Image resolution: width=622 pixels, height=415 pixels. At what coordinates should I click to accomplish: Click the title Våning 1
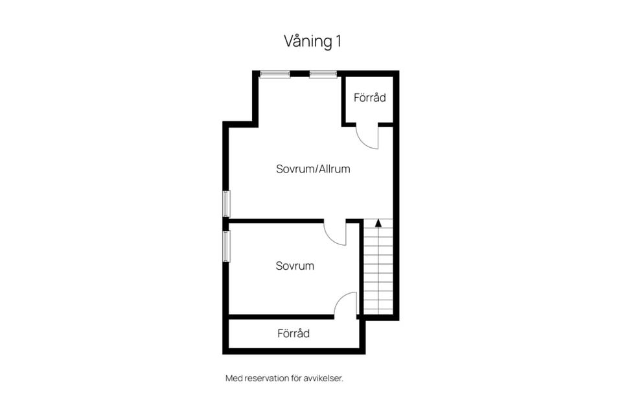312,41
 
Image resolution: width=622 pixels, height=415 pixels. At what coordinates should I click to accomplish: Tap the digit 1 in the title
338,41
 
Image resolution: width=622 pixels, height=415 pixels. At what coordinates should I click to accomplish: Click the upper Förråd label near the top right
369,98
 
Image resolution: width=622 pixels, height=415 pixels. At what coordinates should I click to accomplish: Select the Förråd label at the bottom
294,333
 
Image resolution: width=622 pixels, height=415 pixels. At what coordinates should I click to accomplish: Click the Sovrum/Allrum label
313,169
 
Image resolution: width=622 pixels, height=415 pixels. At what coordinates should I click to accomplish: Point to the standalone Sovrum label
295,266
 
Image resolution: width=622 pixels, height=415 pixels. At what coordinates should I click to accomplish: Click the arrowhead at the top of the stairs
378,223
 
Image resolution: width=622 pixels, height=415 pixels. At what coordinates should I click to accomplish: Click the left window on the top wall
275,74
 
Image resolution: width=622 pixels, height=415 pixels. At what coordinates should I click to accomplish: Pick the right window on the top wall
323,74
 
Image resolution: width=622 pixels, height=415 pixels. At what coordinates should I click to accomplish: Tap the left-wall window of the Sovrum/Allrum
226,204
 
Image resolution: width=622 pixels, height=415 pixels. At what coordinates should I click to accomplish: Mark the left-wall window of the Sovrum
226,246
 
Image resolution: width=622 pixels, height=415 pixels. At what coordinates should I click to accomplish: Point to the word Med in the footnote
232,378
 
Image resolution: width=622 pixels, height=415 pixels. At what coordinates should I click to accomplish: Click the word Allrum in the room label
334,169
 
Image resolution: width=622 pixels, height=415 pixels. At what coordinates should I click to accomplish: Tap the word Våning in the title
306,41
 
